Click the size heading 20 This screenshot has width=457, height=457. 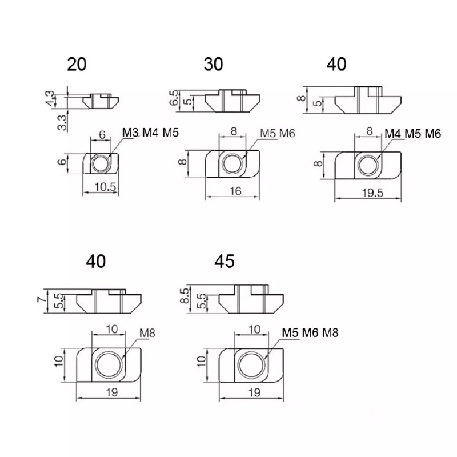click(x=77, y=65)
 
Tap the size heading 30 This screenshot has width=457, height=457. click(x=213, y=65)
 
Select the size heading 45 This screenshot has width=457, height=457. click(x=224, y=261)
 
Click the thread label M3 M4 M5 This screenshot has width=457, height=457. click(x=150, y=133)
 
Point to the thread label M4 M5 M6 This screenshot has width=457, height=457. click(x=412, y=134)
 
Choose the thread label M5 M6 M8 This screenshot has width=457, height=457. click(x=310, y=332)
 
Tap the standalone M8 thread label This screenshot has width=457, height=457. click(x=147, y=333)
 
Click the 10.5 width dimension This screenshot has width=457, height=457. click(x=105, y=187)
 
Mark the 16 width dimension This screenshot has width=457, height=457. click(x=235, y=191)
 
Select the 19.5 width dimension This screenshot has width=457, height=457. click(x=373, y=193)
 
